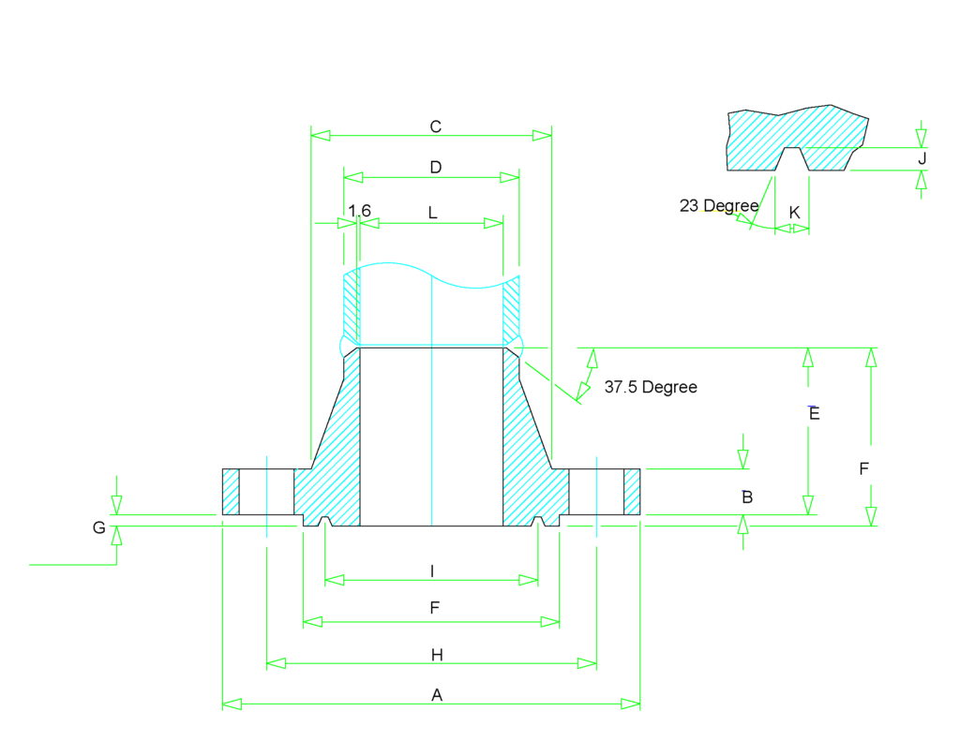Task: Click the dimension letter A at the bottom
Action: [x=435, y=695]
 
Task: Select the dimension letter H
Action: [x=437, y=655]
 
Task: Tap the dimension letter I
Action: [x=431, y=571]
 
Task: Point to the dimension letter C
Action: [x=435, y=126]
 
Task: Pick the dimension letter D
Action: [x=435, y=168]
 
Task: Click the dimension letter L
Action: [x=432, y=213]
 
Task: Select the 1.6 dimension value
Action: [x=360, y=211]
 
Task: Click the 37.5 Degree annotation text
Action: [x=651, y=387]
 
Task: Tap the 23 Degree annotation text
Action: [x=719, y=206]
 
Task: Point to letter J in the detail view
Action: [x=922, y=158]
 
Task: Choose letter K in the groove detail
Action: [x=794, y=213]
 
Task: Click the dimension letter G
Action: [x=98, y=528]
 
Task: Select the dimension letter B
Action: [x=747, y=497]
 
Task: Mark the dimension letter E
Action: [x=814, y=413]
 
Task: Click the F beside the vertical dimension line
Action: [x=864, y=469]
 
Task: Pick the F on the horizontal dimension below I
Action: [x=434, y=608]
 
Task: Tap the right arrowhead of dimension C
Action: [x=542, y=136]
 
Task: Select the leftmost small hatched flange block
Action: [x=230, y=491]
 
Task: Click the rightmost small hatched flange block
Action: [x=632, y=491]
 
